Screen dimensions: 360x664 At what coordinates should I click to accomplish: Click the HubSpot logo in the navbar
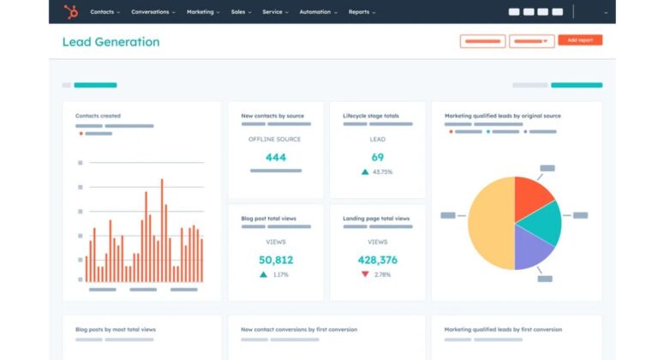pos(70,12)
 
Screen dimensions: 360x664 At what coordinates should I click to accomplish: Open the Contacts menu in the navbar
pos(105,12)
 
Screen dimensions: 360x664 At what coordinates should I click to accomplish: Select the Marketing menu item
pos(202,12)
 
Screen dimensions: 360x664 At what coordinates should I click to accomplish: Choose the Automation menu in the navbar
pos(317,12)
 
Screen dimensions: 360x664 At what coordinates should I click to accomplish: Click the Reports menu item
pos(362,12)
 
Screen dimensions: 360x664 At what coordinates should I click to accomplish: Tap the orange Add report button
pos(580,40)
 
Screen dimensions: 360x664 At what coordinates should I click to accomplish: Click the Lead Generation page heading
pos(111,42)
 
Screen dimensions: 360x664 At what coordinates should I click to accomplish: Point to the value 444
pos(276,158)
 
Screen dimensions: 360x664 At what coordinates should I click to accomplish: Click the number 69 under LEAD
pos(378,158)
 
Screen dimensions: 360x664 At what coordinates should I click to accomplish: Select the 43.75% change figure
pos(381,172)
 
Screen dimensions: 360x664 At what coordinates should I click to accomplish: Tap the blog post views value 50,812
pos(276,260)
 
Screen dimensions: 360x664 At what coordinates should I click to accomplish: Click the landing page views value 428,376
pos(378,260)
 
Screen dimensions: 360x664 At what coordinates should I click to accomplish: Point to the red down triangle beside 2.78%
pos(365,274)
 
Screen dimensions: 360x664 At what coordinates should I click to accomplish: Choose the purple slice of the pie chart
pos(532,249)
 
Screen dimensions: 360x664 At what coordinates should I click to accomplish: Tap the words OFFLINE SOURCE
pos(276,139)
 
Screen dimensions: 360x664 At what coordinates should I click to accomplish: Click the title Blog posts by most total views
pos(116,329)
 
